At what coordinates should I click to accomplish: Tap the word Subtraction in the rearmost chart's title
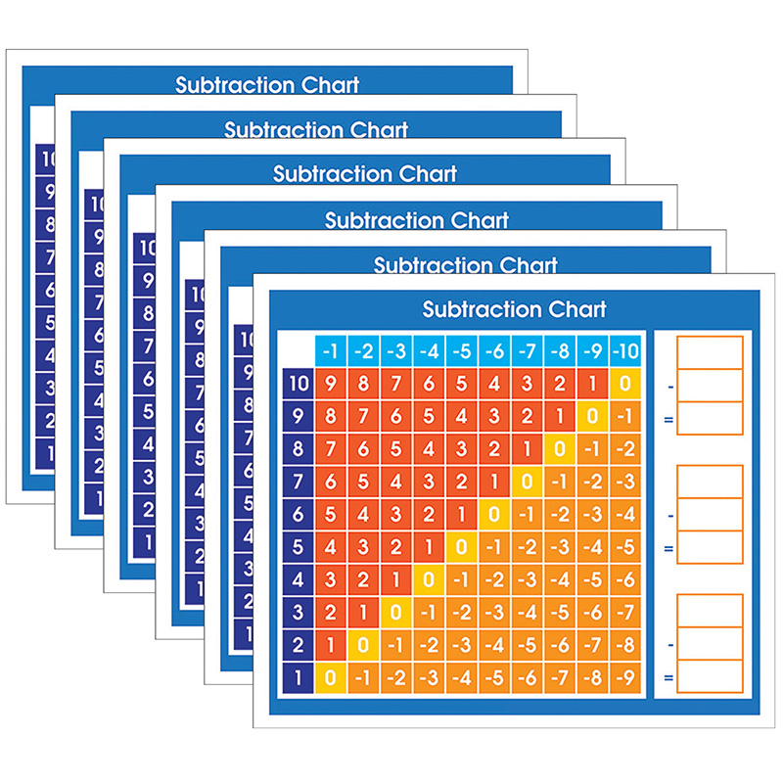[224, 85]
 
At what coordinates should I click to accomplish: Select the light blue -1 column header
[331, 350]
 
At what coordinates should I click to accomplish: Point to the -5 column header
[461, 350]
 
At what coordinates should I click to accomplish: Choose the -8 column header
[560, 350]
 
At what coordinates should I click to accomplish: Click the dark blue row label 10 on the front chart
[298, 385]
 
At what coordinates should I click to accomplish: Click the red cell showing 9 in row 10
[331, 385]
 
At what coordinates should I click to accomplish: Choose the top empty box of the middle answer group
[709, 482]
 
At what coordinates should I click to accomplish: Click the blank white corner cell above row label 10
[298, 350]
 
